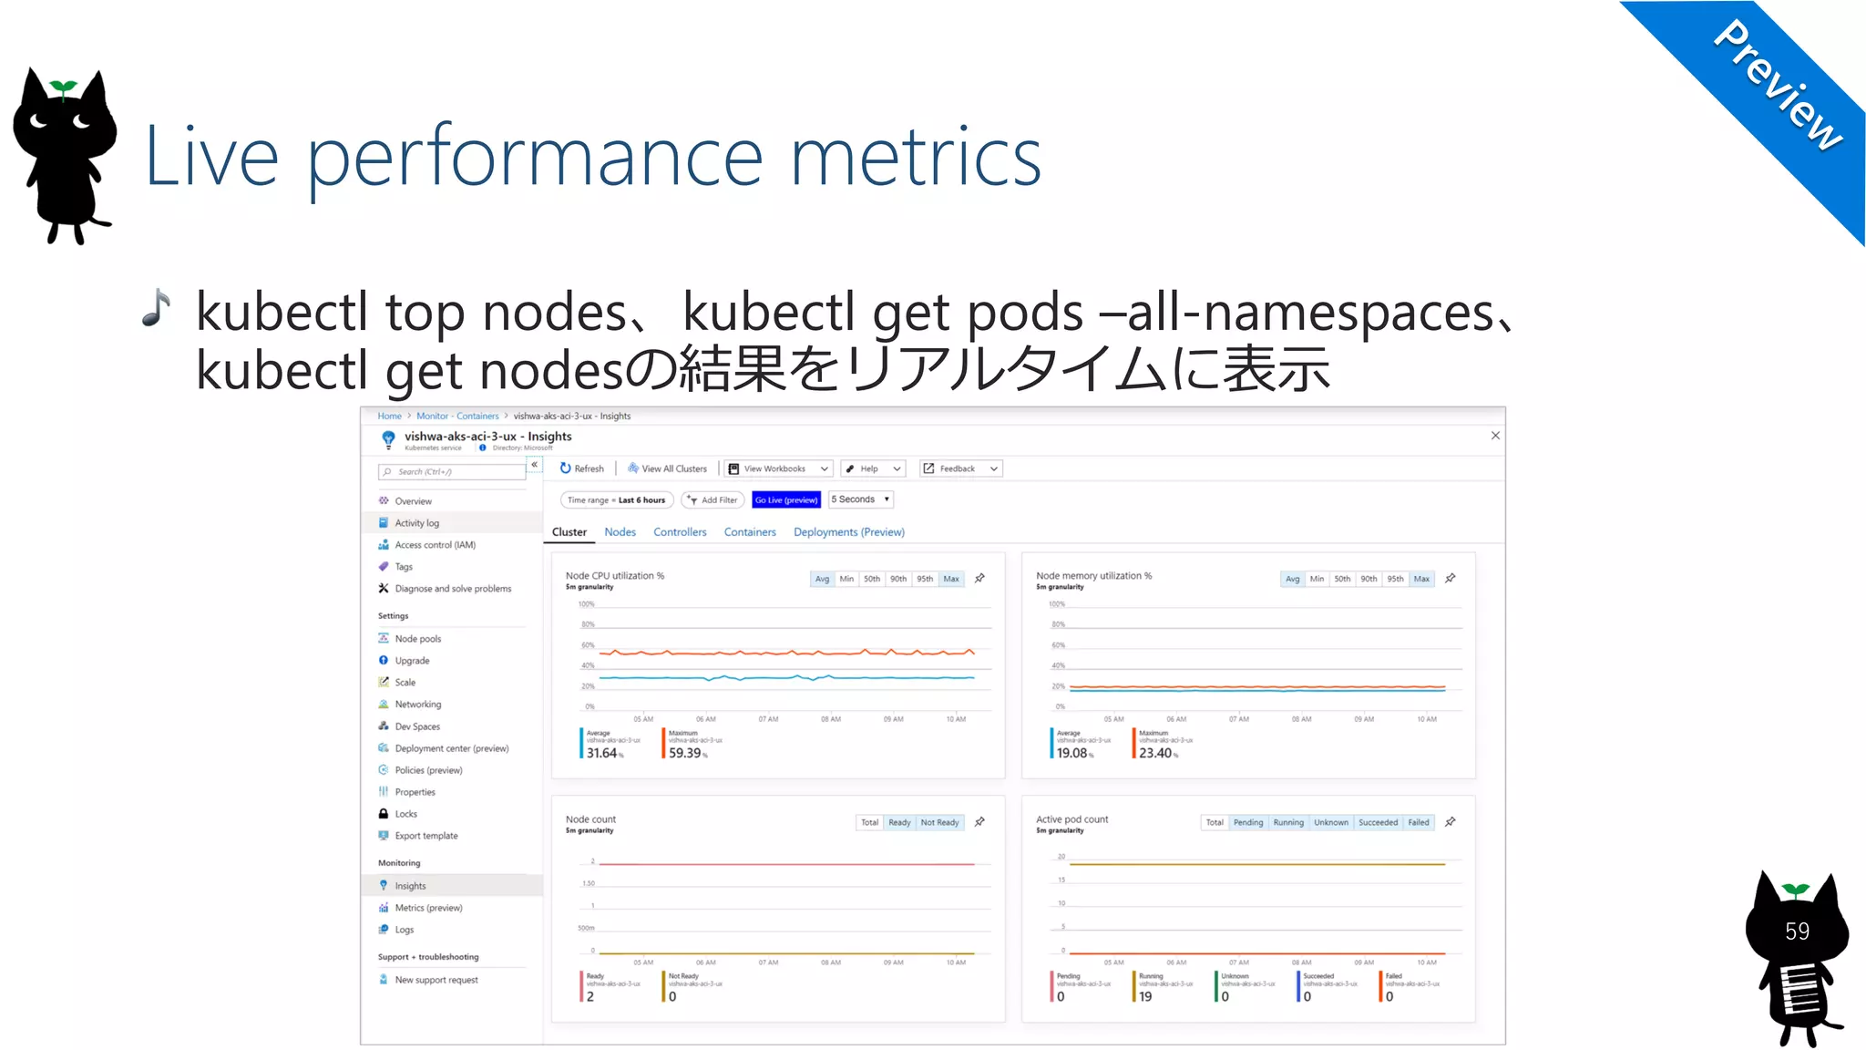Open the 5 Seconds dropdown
(x=860, y=499)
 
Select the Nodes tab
(x=620, y=532)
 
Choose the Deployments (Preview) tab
(x=848, y=532)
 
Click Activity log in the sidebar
(x=416, y=523)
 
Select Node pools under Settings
(x=417, y=639)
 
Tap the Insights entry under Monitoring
(x=410, y=886)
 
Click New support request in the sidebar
(x=436, y=980)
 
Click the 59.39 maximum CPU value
(x=685, y=753)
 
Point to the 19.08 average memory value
(x=1071, y=753)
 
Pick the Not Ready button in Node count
(x=939, y=822)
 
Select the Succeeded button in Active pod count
(x=1378, y=822)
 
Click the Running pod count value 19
(x=1145, y=997)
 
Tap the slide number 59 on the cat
(x=1797, y=932)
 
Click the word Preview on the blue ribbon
(x=1778, y=86)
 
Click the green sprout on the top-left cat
(x=63, y=88)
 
